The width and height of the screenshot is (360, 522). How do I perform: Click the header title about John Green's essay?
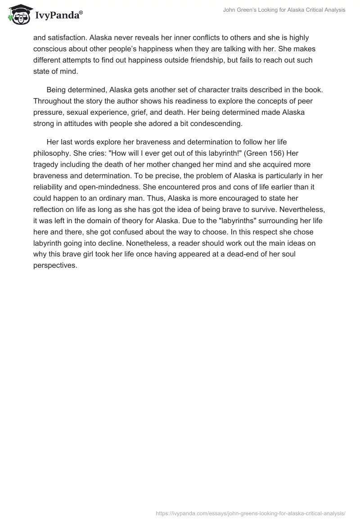tap(284, 10)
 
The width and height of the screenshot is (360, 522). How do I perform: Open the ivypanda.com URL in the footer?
tap(251, 513)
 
